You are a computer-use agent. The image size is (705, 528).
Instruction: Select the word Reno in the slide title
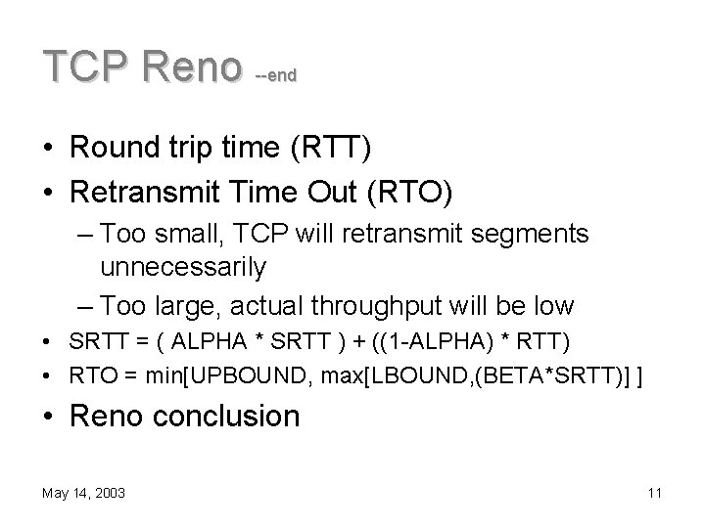[x=193, y=66]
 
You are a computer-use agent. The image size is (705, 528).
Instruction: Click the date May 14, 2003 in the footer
[x=83, y=494]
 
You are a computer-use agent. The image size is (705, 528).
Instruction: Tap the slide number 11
[x=654, y=494]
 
